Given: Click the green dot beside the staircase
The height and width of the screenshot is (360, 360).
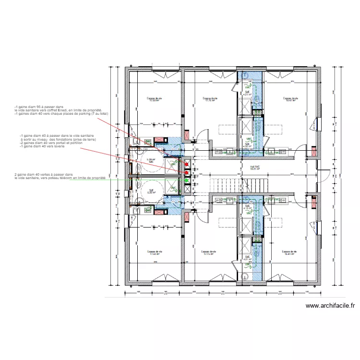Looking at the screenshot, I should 187,180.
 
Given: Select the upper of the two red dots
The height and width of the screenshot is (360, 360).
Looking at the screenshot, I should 187,165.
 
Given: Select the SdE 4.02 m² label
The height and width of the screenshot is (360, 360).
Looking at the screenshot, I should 247,145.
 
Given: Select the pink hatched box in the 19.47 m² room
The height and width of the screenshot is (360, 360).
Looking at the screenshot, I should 314,152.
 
